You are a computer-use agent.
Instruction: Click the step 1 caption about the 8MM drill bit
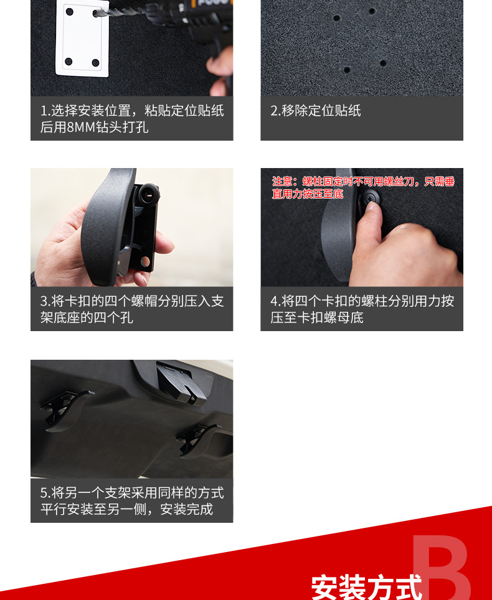(x=131, y=119)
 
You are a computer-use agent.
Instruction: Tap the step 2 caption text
(x=316, y=111)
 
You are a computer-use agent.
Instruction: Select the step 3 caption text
(x=131, y=309)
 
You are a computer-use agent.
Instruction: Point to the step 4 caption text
(x=362, y=309)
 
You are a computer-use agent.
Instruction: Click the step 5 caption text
(x=131, y=501)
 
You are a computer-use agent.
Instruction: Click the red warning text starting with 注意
(x=363, y=187)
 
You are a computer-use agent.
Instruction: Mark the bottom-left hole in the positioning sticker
(x=69, y=62)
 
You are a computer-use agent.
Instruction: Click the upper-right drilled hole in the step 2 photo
(x=372, y=11)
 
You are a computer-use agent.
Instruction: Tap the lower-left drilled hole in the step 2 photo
(x=346, y=70)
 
